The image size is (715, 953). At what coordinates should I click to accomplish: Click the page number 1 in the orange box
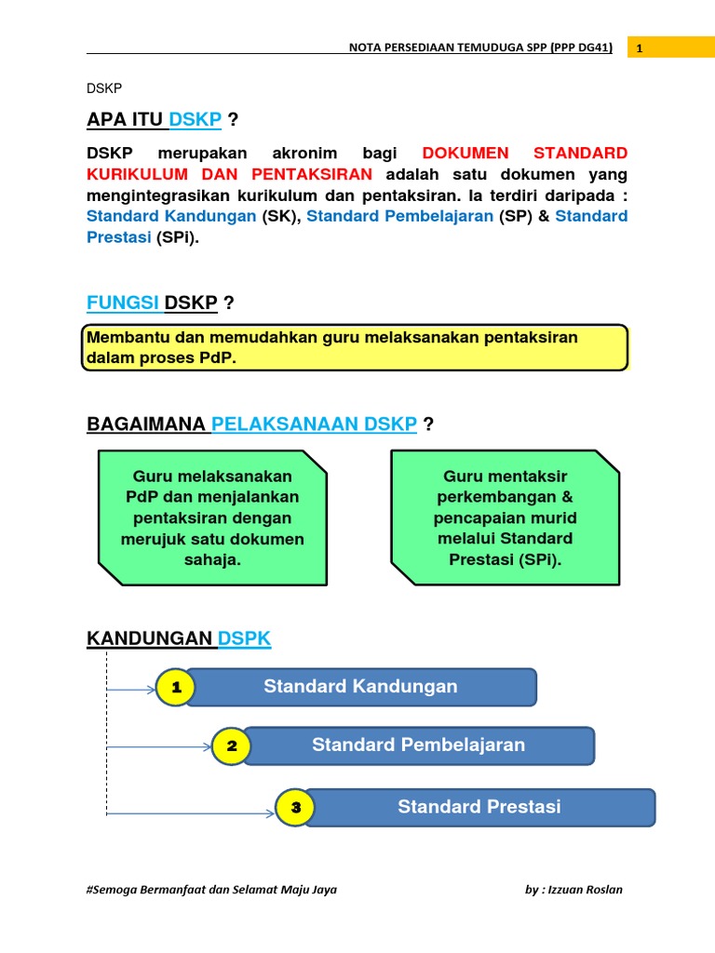(640, 48)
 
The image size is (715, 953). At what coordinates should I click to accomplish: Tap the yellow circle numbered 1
(176, 689)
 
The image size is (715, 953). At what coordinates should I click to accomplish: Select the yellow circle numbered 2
(232, 746)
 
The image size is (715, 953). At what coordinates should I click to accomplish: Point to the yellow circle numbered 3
(296, 808)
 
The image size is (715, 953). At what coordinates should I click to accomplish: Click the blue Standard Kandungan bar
(361, 688)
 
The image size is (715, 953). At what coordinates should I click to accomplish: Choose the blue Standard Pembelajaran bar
(418, 745)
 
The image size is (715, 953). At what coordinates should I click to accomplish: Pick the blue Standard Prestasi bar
(479, 807)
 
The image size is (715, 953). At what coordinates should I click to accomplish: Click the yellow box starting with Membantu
(354, 348)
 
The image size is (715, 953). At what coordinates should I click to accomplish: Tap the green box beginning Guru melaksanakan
(212, 517)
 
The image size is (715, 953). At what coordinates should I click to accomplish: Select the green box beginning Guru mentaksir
(505, 517)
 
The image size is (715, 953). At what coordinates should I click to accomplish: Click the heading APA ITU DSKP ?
(162, 120)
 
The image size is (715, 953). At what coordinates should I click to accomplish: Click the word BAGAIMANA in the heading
(147, 424)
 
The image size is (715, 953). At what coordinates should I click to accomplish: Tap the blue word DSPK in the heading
(244, 638)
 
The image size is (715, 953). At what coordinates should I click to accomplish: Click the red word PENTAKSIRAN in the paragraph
(312, 174)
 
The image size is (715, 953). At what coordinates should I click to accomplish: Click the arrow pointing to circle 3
(191, 812)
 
